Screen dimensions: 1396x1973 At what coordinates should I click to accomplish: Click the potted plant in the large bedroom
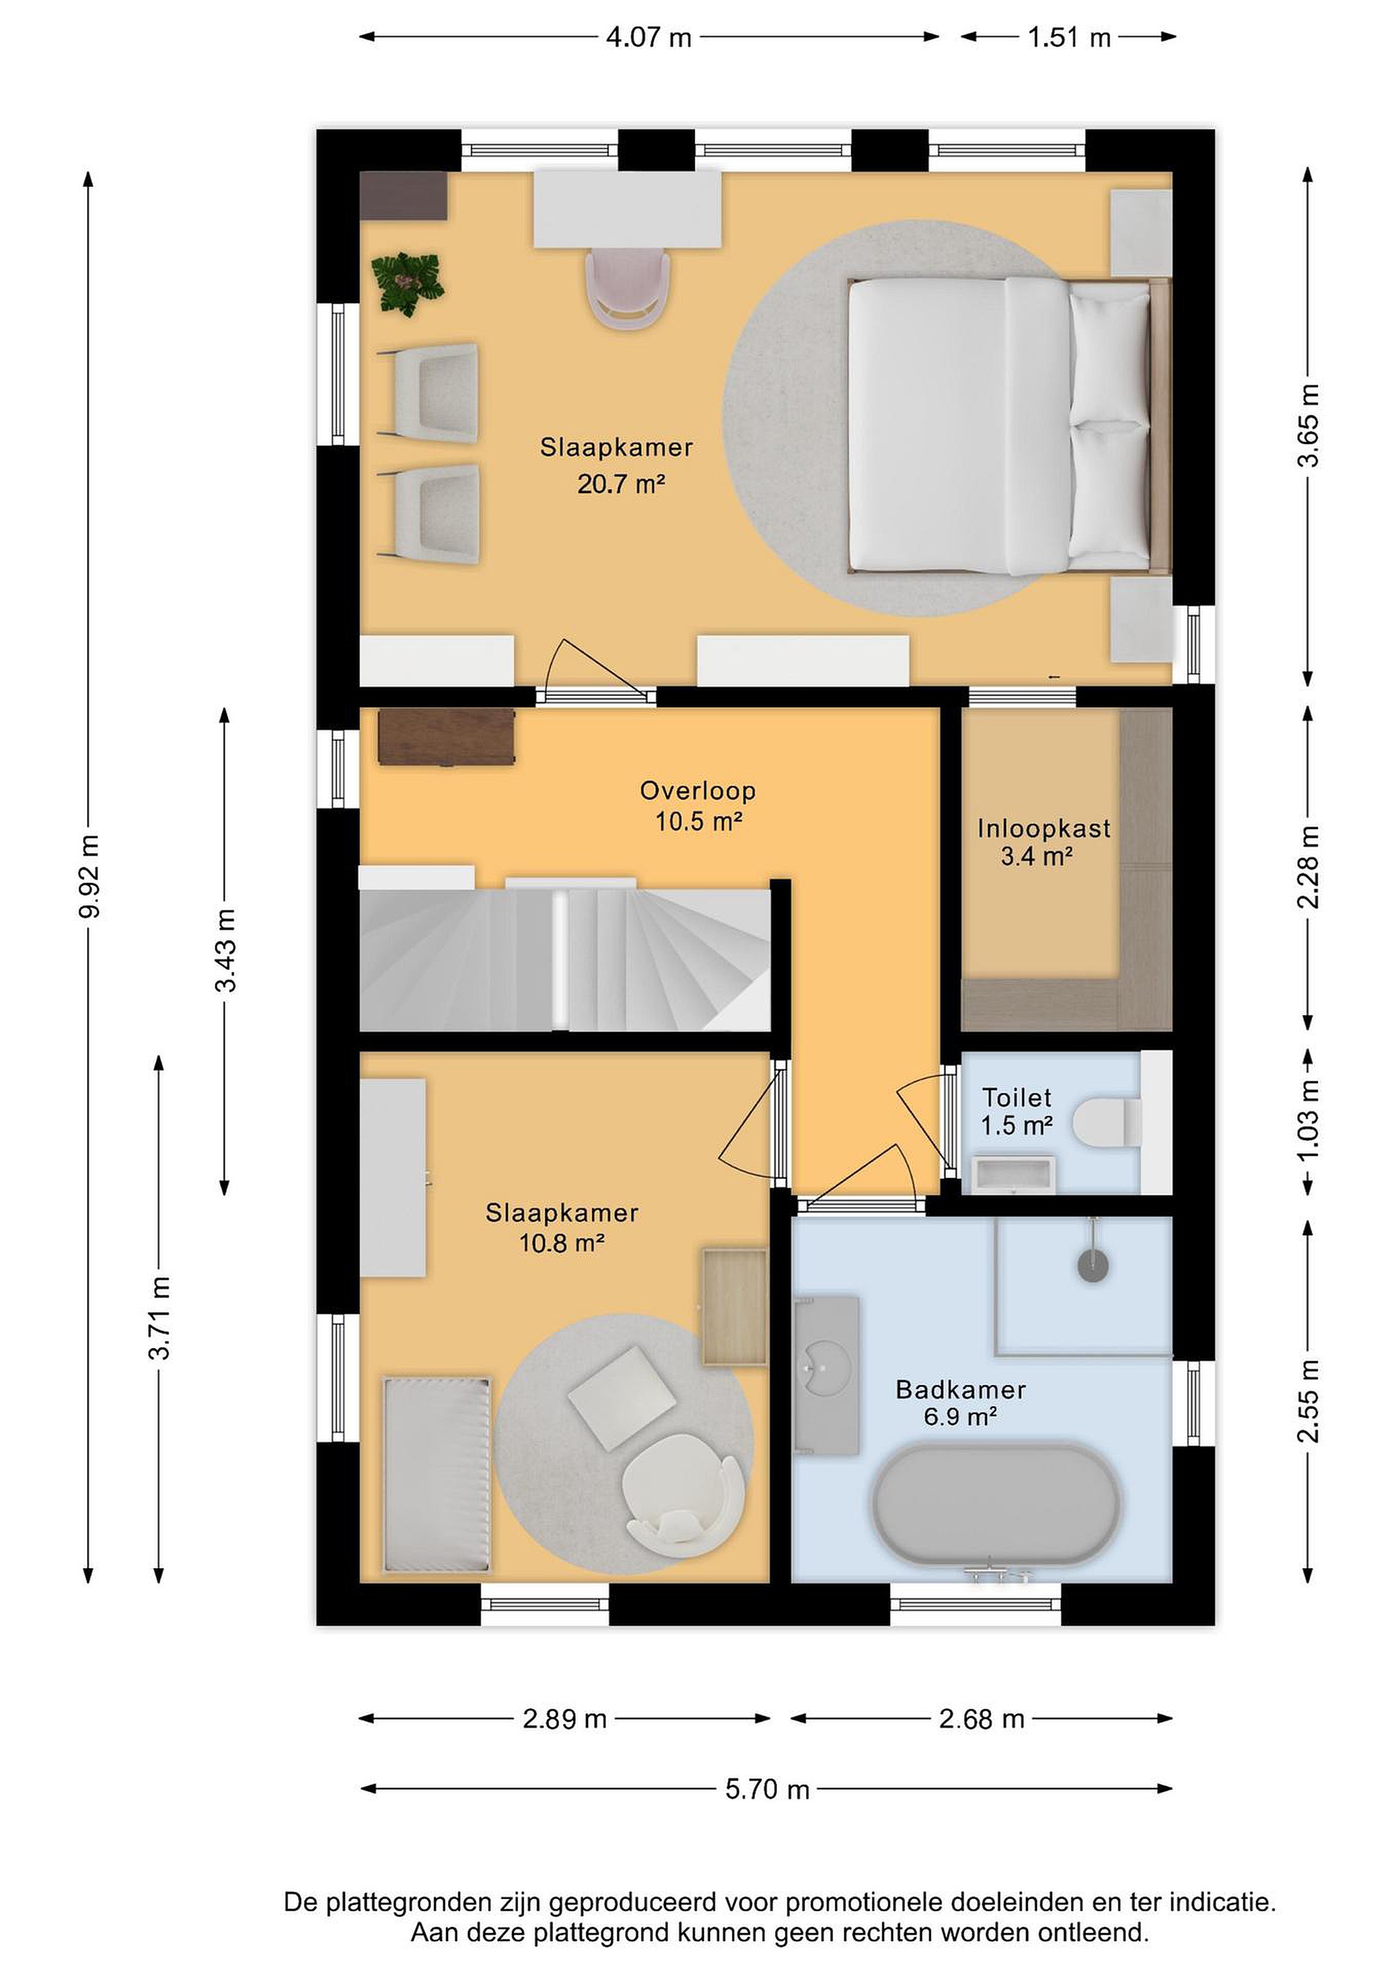click(408, 284)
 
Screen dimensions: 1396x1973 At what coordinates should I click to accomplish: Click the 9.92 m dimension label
click(88, 876)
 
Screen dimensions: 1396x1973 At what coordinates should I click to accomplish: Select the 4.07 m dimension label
click(649, 38)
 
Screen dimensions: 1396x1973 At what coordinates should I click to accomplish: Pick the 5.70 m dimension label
click(767, 1789)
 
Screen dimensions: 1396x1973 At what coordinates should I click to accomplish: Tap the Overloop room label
click(698, 791)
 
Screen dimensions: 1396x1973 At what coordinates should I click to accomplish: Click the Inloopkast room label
click(1044, 828)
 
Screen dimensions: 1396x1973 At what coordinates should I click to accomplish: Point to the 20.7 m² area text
click(621, 484)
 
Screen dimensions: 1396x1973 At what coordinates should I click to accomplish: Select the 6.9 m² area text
click(960, 1416)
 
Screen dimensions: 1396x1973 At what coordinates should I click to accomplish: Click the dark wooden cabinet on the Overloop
click(446, 736)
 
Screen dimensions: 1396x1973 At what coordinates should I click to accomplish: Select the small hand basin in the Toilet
click(1013, 1174)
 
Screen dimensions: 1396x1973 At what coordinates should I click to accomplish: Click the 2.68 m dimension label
click(981, 1719)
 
